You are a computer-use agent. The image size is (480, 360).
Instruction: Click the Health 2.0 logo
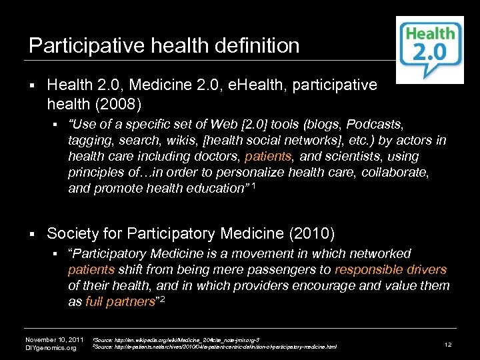click(x=430, y=49)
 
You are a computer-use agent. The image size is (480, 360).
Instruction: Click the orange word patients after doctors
click(x=265, y=157)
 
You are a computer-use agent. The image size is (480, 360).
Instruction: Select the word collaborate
click(x=397, y=173)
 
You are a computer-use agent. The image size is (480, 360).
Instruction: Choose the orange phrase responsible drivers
click(x=391, y=269)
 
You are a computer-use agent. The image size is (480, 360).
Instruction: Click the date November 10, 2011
click(x=54, y=339)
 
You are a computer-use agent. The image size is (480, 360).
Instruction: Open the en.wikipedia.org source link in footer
click(x=177, y=339)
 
